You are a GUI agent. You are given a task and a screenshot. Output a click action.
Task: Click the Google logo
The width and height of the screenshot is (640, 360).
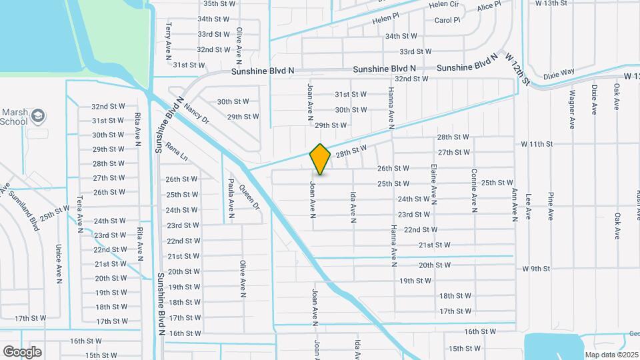(x=22, y=351)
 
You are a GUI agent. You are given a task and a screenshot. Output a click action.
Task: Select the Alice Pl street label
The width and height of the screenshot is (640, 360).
(x=489, y=8)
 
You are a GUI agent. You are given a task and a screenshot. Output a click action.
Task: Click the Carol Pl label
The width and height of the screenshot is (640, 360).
(x=447, y=20)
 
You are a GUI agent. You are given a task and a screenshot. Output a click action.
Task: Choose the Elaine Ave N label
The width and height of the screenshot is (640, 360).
(x=434, y=183)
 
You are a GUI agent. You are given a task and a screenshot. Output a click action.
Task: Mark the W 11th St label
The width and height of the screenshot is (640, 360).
(x=537, y=144)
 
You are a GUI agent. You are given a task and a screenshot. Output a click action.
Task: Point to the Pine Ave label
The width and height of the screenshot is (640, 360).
(x=551, y=206)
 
